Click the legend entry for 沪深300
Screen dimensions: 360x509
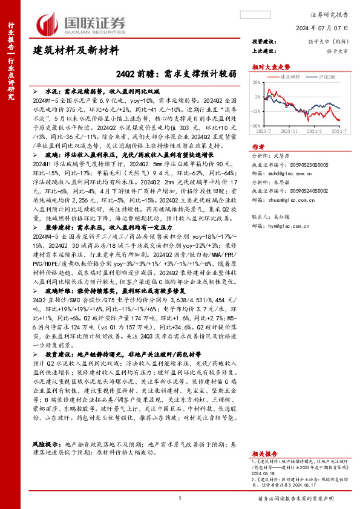coord(327,77)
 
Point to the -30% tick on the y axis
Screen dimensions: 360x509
coord(257,125)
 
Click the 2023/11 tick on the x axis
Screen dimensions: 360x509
coord(290,130)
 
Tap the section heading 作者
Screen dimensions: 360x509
coord(258,146)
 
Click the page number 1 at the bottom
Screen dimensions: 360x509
coord(180,498)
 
